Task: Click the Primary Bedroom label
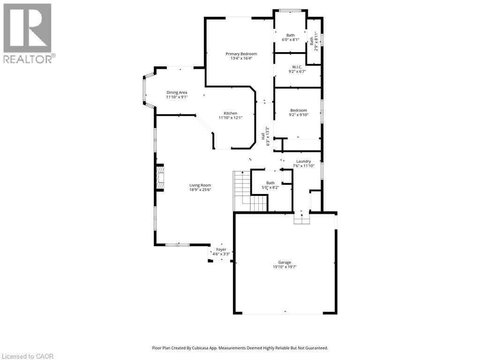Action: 241,54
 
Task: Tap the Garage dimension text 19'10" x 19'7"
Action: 285,267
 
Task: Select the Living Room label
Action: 200,185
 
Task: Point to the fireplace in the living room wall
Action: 160,178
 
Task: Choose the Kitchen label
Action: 230,113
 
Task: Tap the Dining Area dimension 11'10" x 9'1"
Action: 177,97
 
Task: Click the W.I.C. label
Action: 298,67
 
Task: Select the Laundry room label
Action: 303,161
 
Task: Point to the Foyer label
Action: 221,249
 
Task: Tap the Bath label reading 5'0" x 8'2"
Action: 270,187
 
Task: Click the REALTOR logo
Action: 28,33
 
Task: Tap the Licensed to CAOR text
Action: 27,356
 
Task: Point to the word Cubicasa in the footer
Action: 210,348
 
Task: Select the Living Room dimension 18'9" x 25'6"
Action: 200,190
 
